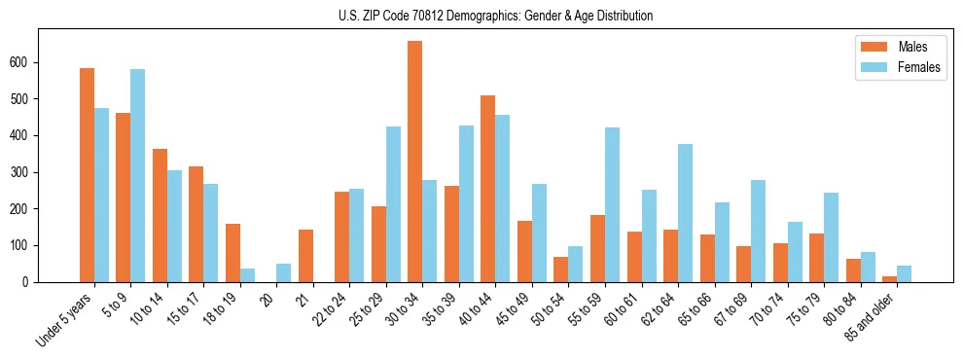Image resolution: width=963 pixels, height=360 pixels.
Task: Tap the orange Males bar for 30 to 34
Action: (415, 162)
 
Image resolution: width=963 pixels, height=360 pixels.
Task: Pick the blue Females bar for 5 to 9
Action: (138, 175)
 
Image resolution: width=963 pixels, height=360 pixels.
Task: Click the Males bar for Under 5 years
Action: (87, 175)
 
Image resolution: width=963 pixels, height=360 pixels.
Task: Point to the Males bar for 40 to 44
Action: (488, 189)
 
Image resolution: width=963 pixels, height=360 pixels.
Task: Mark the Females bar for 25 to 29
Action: (393, 204)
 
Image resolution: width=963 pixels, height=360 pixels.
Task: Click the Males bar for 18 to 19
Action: (232, 253)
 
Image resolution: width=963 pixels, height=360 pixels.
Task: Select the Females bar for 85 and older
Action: (904, 273)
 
